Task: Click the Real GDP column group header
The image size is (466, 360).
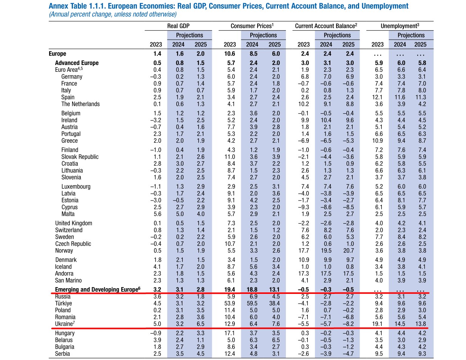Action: click(178, 26)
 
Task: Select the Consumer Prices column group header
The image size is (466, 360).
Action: click(252, 26)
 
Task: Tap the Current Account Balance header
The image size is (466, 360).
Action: click(326, 26)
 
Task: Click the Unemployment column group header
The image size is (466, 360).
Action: click(400, 26)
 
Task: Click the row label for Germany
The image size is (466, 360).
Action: click(72, 77)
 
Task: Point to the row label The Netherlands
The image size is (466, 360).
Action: click(80, 104)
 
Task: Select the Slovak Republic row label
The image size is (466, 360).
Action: click(80, 157)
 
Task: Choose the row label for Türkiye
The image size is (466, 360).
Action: click(63, 303)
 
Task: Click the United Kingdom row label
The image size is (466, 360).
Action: click(74, 223)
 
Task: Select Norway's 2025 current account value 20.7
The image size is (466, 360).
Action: click(349, 250)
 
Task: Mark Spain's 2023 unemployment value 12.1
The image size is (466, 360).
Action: click(377, 97)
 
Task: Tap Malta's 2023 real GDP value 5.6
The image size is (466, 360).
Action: click(157, 214)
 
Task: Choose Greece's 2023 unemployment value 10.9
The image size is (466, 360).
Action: click(377, 141)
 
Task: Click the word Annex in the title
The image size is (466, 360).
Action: click(59, 6)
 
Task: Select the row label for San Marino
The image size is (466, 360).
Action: click(68, 280)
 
